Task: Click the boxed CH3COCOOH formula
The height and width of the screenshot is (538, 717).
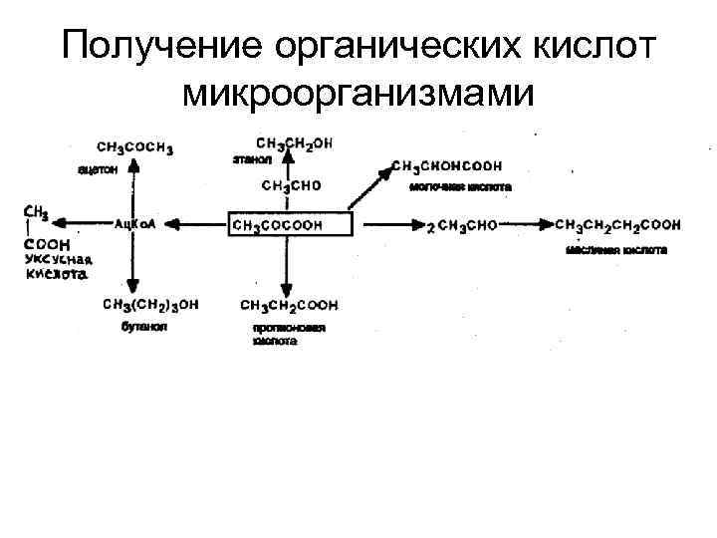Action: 291,225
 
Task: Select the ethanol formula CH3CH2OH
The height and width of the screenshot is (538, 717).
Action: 295,143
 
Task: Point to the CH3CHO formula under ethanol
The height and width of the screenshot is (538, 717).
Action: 292,186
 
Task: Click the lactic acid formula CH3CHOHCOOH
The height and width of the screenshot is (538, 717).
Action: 446,165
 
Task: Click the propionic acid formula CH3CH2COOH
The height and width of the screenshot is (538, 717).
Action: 289,304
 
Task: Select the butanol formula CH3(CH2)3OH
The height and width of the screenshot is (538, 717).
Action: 150,304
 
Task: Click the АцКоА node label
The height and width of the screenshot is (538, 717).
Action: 135,225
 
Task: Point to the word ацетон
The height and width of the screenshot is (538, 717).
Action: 98,169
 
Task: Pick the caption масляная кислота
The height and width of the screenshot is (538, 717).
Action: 616,250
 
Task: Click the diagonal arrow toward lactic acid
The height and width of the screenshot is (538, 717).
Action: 370,189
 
